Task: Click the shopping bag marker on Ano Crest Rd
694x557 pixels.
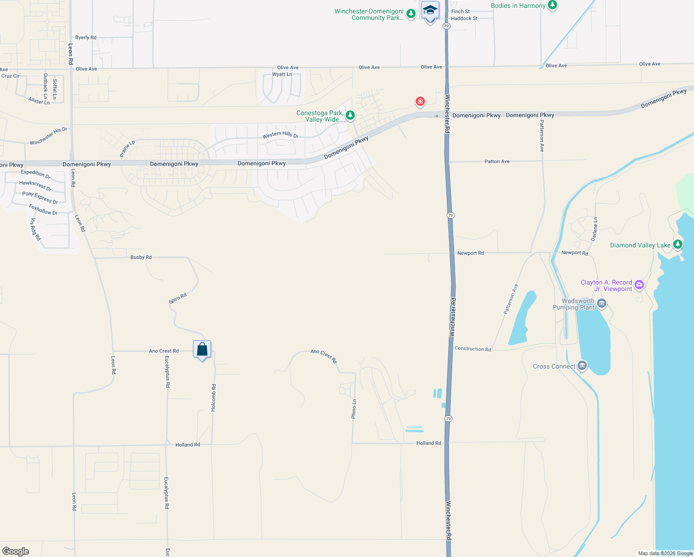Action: tap(202, 350)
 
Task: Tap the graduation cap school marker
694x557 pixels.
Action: tap(430, 10)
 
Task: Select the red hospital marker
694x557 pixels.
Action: tap(420, 101)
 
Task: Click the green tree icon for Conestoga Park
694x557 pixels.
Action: tap(350, 115)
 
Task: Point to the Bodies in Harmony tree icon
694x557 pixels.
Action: tap(552, 5)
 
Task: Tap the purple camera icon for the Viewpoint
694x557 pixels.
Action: tap(639, 285)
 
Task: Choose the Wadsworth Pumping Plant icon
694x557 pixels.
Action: tap(602, 304)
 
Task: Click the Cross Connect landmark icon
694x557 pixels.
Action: tap(582, 366)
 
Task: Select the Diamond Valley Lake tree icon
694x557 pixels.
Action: tap(678, 244)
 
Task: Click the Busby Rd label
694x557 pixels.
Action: tap(141, 257)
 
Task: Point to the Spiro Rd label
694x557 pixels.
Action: tap(177, 298)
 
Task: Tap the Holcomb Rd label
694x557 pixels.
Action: tap(213, 397)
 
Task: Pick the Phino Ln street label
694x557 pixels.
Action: tap(354, 408)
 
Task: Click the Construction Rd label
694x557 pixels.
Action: tap(473, 349)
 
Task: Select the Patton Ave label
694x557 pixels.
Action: tap(497, 162)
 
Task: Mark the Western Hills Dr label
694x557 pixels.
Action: tap(280, 135)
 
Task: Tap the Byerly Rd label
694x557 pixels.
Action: tap(86, 38)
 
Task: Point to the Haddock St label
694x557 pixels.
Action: tap(464, 19)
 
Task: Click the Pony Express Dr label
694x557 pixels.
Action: tap(40, 198)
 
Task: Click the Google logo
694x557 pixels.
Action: tap(16, 551)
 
